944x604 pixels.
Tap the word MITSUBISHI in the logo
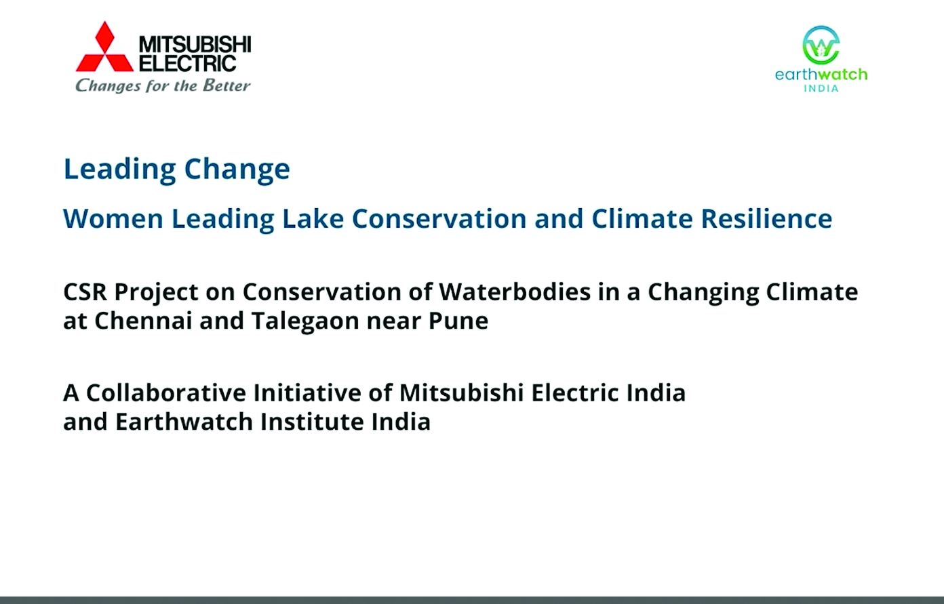(195, 44)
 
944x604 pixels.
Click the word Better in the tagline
(227, 85)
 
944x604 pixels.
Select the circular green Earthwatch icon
(821, 45)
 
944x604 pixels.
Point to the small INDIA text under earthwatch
(821, 88)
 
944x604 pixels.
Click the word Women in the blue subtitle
(113, 218)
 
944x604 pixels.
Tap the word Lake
(313, 218)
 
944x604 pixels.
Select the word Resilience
(766, 218)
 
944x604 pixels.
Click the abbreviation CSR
(85, 292)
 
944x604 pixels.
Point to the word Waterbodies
(515, 291)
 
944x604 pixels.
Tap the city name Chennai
(143, 321)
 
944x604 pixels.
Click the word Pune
(458, 321)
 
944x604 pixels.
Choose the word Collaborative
(166, 392)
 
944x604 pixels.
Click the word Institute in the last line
(312, 422)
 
